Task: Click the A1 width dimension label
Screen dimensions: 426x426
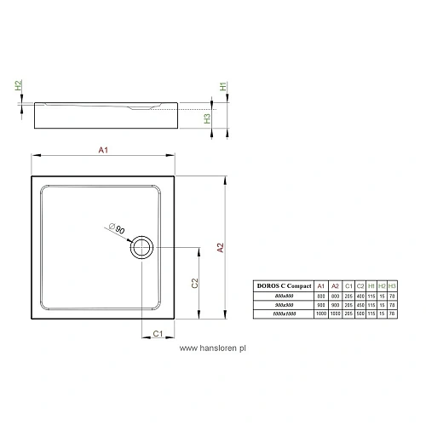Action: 103,151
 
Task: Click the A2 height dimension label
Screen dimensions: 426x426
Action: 220,248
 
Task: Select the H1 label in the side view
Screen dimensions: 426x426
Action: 222,87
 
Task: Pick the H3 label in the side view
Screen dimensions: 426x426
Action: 208,118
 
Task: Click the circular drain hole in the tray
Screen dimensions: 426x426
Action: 141,249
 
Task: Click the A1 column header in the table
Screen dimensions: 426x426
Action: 320,285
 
